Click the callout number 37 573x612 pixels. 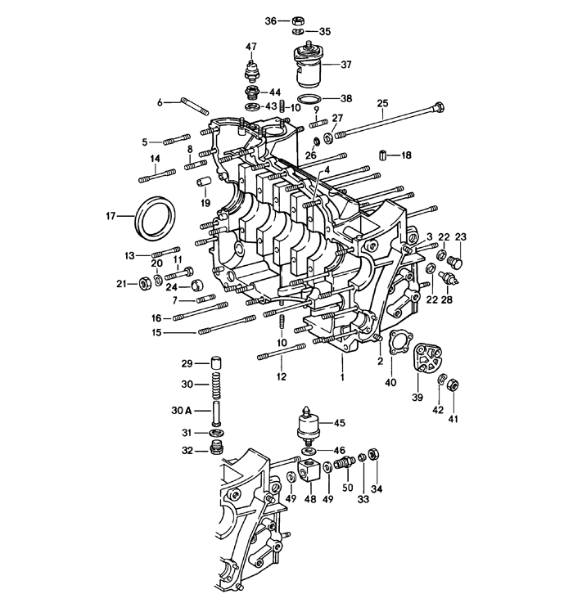point(345,65)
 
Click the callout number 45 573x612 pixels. point(339,423)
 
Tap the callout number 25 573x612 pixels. point(381,102)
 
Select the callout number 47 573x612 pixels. point(250,47)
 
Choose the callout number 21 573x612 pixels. point(122,284)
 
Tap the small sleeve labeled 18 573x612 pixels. point(381,155)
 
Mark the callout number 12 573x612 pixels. point(282,376)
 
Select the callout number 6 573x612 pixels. point(162,102)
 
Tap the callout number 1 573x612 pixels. point(342,377)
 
